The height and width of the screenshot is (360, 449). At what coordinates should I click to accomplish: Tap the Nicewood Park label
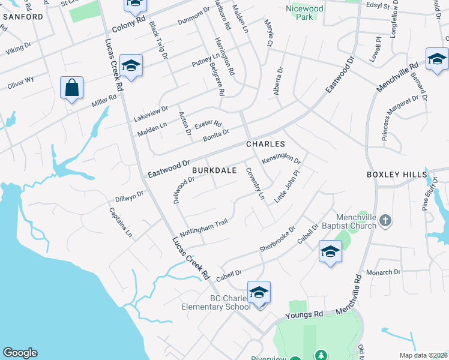[304, 13]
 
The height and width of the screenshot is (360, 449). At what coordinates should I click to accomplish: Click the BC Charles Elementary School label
[216, 302]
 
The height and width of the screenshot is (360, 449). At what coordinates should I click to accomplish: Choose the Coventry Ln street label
[255, 184]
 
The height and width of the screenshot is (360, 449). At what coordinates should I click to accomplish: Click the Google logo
[20, 353]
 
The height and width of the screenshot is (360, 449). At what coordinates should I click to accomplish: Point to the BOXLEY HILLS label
[396, 175]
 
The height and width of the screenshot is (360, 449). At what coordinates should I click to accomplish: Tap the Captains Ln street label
[120, 223]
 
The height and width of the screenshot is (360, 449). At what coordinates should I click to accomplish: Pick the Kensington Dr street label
[281, 159]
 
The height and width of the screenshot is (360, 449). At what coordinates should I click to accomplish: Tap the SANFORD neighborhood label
[23, 17]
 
